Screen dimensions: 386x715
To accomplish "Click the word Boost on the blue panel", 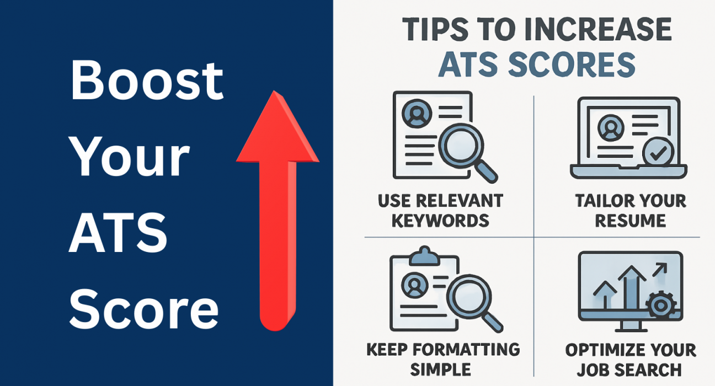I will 147,81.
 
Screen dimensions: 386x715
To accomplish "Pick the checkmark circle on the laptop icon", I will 656,153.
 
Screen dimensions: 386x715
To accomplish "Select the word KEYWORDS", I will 440,221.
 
